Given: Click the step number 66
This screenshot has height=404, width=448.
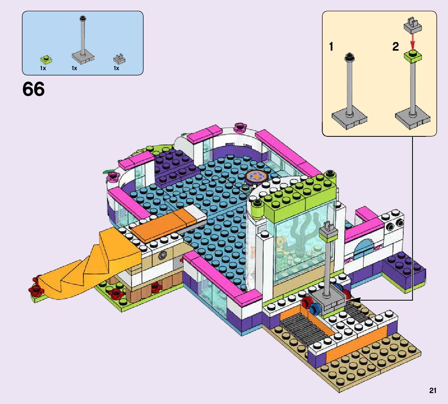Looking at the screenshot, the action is (33, 90).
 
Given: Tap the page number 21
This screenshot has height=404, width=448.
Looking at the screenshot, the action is (432, 391).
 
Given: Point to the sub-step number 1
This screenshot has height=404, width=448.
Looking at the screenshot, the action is (331, 47).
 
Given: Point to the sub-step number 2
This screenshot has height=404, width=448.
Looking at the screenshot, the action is (395, 47).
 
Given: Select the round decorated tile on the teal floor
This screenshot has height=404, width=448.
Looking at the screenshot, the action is (256, 176).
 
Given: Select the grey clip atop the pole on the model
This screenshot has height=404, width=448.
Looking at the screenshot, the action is (327, 229).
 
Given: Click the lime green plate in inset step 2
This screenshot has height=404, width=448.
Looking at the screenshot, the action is (413, 56).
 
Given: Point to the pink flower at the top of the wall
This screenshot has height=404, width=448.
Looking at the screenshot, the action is (240, 126).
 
